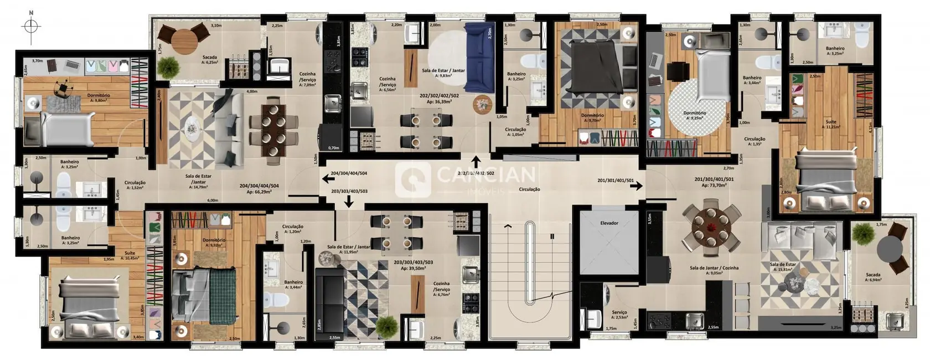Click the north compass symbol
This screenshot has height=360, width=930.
[x=32, y=26]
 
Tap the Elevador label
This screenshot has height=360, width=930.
[x=609, y=223]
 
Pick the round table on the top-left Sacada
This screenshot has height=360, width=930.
[x=184, y=39]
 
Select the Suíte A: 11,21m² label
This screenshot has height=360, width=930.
[x=830, y=124]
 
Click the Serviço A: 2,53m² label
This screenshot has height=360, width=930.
[x=619, y=315]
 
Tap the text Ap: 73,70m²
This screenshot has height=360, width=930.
[x=714, y=186]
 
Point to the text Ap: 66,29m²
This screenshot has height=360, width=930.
[x=259, y=192]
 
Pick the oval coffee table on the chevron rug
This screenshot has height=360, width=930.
[x=192, y=127]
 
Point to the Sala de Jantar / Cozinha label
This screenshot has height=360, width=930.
[x=714, y=270]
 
